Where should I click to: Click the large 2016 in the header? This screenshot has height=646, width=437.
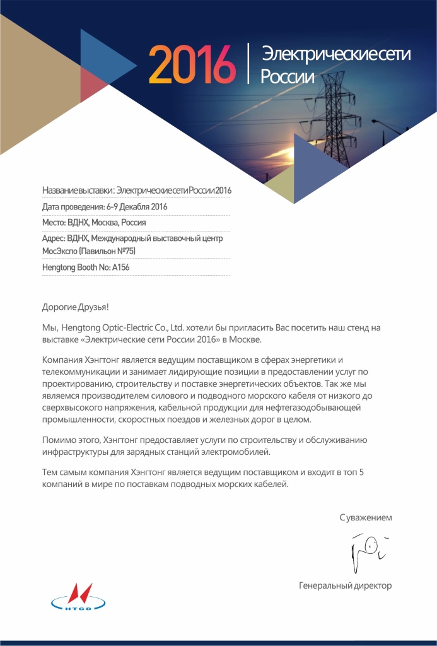coord(192,64)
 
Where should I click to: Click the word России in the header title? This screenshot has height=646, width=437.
coord(288,77)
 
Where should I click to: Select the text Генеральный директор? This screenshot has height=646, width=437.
coord(345,585)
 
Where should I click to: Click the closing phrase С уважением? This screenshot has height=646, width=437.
coord(366,517)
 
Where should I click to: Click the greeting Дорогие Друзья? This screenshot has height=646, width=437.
coord(75,307)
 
